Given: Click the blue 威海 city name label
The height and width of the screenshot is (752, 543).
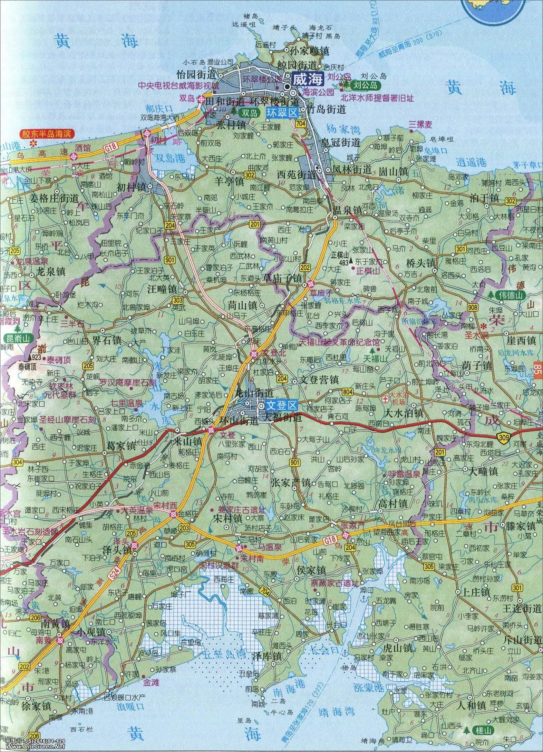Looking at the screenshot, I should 308,80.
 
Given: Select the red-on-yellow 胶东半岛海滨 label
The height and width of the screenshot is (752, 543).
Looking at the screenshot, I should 49,133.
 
